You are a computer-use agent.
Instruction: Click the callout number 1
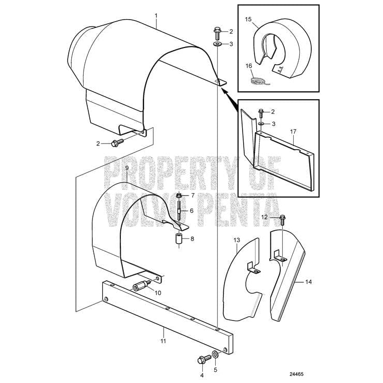156,16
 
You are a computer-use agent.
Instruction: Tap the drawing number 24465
296,374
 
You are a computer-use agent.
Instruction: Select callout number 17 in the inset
293,132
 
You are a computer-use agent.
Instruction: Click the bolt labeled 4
204,359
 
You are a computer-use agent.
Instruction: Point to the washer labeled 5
215,354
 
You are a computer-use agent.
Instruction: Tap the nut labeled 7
179,196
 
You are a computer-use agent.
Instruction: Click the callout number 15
248,19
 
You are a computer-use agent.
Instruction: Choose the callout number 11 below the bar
163,341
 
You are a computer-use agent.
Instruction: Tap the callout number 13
237,240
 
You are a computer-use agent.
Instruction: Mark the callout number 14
309,282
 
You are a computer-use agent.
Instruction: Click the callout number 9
127,168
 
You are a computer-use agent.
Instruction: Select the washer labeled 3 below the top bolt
217,44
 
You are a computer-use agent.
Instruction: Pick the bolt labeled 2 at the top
217,34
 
